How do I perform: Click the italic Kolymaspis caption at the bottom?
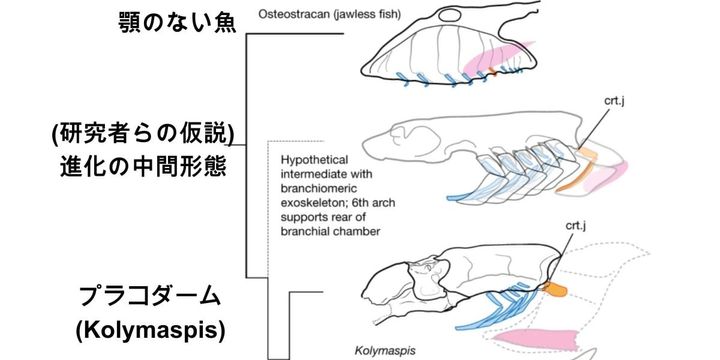[382, 351]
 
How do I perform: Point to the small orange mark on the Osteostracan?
[491, 73]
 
